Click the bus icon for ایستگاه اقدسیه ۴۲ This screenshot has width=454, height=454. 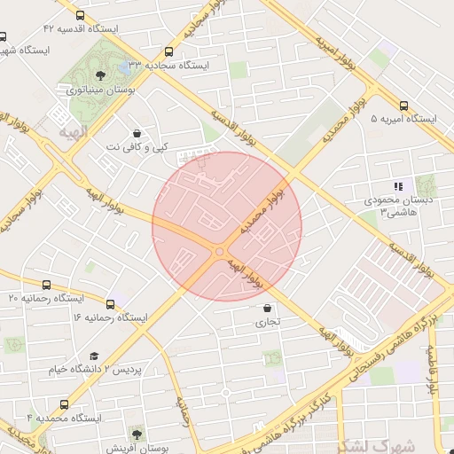pos(81,16)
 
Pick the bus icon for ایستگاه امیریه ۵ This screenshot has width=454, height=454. pos(404,104)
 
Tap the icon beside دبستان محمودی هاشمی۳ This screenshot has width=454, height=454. pos(398,187)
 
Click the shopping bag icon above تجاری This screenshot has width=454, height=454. pos(267,309)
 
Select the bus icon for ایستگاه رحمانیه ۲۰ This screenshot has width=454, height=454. pos(47,285)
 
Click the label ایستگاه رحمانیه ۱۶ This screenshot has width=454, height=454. pos(109,317)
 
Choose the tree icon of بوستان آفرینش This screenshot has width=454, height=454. pos(136,434)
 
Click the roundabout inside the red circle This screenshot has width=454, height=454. pos(220,253)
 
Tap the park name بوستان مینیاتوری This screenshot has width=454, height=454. pos(99,90)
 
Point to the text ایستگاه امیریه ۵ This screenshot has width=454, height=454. pos(403,118)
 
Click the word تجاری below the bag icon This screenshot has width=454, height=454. pos(267,323)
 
